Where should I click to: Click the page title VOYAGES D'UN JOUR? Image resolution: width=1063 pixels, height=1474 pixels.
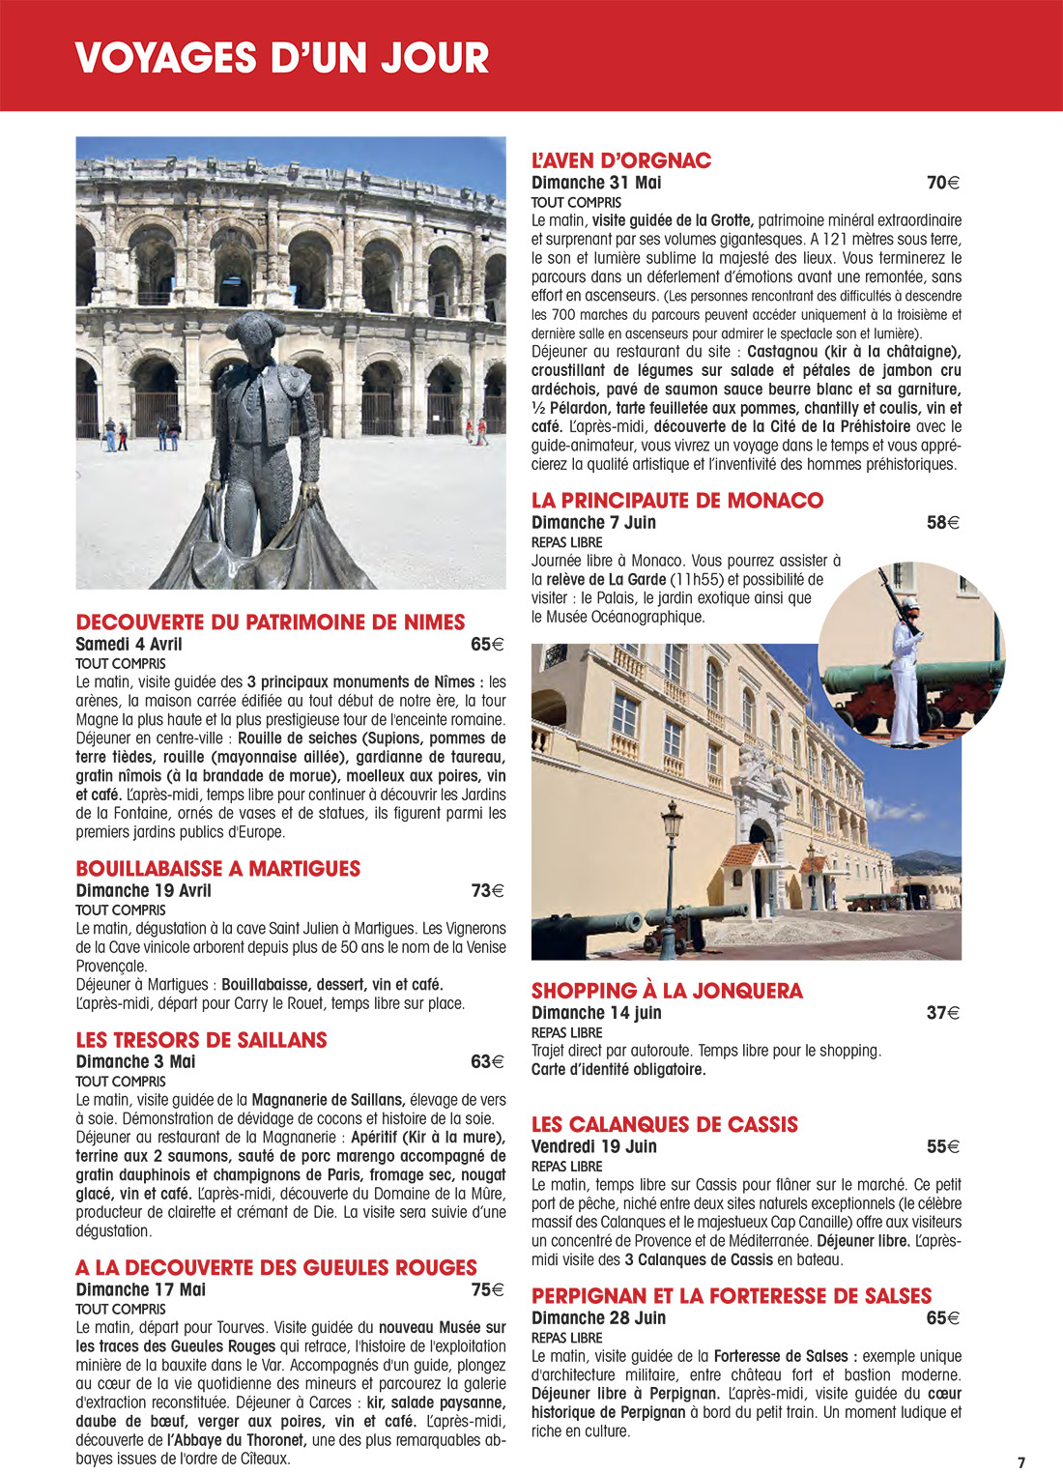click(281, 58)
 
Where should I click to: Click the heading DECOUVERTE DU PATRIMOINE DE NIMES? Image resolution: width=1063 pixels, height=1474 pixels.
click(271, 622)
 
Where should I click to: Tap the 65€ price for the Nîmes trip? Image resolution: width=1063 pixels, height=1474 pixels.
click(487, 645)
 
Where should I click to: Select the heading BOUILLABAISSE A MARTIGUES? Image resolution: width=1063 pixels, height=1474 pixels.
click(217, 869)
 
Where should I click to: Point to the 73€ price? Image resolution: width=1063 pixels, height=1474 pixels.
click(487, 891)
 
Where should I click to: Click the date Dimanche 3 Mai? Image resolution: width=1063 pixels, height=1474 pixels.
click(135, 1062)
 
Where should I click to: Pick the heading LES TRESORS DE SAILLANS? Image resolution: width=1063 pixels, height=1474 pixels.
click(201, 1040)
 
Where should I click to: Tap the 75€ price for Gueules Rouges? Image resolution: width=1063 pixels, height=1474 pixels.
click(487, 1290)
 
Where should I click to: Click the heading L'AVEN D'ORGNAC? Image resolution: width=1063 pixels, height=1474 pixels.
click(621, 160)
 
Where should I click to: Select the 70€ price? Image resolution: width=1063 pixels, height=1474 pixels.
click(942, 183)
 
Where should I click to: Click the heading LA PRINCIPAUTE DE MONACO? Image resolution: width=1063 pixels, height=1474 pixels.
click(677, 501)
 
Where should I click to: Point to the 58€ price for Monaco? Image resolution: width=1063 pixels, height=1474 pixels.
click(942, 523)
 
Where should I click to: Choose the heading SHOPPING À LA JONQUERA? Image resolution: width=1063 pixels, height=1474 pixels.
click(667, 991)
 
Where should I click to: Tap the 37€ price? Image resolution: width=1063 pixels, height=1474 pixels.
click(942, 1013)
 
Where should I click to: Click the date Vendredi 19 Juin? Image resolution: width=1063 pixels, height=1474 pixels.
click(593, 1147)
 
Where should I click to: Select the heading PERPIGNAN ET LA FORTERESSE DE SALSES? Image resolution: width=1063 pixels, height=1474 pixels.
click(732, 1296)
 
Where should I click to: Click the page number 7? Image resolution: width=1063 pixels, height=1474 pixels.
click(1021, 1462)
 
